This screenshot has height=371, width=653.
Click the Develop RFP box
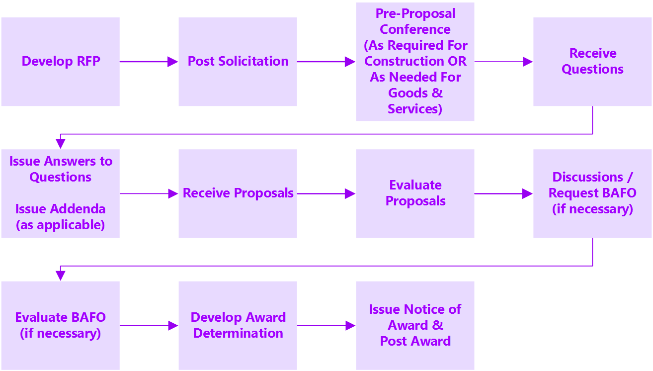pos(60,62)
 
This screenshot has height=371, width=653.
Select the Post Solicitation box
pos(238,62)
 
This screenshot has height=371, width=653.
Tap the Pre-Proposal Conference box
pos(415,62)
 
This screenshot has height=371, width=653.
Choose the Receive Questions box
pos(592,62)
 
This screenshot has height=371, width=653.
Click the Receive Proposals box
pos(238,193)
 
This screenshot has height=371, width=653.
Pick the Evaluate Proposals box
pos(415,193)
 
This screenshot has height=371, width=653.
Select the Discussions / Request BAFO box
pos(592,193)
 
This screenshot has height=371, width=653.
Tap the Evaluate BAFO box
pos(60,325)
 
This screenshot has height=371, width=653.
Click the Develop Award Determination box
pos(238,325)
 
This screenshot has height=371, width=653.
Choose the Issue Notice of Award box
pos(415,325)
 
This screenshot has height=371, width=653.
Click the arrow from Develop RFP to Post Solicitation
pos(149,62)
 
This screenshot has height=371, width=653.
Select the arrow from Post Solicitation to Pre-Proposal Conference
pos(326,62)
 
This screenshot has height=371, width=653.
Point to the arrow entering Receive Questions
pos(503,62)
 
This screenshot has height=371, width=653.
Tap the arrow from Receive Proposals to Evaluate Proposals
pos(326,193)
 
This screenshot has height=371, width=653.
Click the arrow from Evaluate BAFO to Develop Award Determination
pos(149,326)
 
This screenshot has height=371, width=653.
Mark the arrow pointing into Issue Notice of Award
pos(326,326)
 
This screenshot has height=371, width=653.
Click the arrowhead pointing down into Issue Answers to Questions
pos(61,144)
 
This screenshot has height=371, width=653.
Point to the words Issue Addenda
pos(60,209)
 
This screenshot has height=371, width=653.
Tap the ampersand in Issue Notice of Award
pos(437,326)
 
